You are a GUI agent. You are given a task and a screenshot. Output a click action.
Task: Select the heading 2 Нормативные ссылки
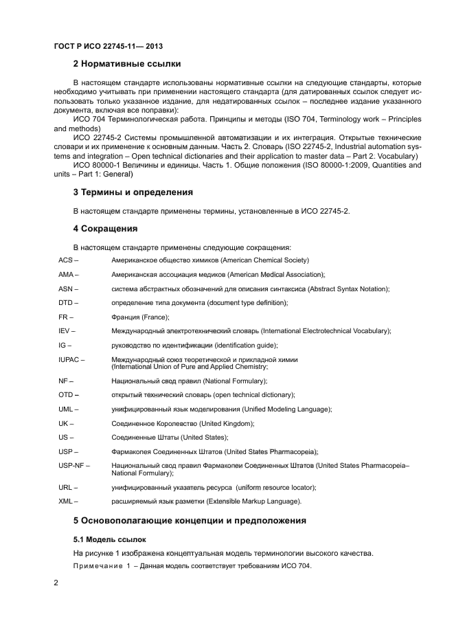127,64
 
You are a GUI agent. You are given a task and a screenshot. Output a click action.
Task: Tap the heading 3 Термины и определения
133,192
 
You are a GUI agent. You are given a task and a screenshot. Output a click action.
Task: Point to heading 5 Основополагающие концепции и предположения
190,521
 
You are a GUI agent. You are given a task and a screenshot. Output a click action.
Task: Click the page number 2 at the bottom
56,583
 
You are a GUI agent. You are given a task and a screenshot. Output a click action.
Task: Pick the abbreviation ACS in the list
65,260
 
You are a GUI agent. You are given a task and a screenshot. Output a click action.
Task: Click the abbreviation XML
66,501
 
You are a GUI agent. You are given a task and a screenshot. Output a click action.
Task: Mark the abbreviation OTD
66,395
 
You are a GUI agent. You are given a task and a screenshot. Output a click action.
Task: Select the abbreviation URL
66,487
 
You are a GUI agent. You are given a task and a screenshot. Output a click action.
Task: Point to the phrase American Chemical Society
264,260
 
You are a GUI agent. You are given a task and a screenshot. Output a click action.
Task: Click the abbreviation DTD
66,303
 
